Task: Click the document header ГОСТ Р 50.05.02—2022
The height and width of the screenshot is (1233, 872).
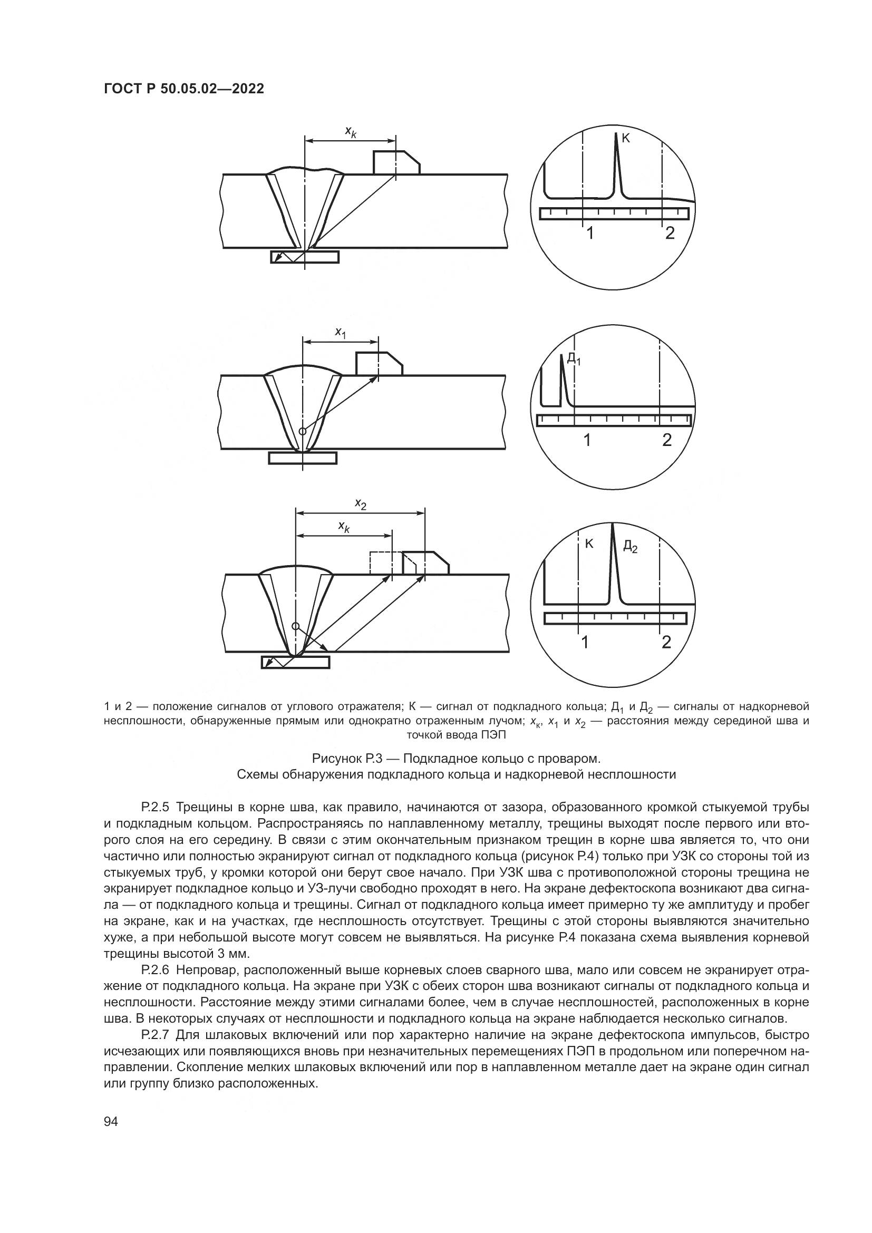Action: click(183, 89)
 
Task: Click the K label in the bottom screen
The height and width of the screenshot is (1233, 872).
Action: click(589, 543)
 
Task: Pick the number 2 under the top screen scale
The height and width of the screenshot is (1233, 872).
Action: click(669, 233)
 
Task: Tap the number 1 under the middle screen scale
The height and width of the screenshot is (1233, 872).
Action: click(587, 440)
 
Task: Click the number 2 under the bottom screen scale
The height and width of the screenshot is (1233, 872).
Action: click(666, 642)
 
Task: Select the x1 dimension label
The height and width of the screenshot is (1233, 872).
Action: click(341, 333)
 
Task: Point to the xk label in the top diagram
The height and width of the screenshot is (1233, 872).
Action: click(350, 131)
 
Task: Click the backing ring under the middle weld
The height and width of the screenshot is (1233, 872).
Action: click(303, 458)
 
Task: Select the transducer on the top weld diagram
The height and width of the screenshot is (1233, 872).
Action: click(396, 163)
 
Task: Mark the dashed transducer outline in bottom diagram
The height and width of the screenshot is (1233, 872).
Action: click(381, 563)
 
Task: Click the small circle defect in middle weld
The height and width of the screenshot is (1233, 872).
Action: click(302, 431)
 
